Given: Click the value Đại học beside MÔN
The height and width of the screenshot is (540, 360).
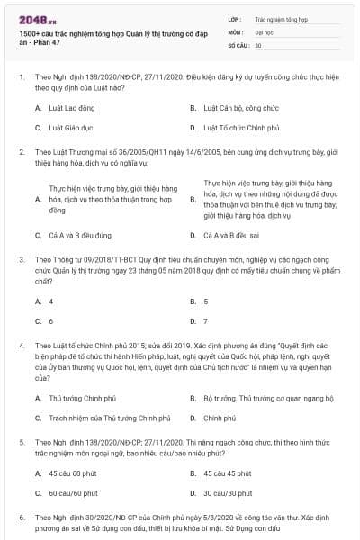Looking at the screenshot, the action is coord(265,31).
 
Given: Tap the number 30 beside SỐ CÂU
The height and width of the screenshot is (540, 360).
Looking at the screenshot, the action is coord(258,44).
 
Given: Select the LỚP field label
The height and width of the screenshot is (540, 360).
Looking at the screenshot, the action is coord(235,17).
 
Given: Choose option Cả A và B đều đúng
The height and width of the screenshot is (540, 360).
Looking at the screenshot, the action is coord(80,235).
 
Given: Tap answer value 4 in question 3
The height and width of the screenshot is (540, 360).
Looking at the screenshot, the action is coord(51,301).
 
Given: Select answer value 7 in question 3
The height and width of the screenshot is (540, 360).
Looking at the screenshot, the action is coord(206,320).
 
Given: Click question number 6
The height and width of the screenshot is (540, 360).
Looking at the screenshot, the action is coord(22,517).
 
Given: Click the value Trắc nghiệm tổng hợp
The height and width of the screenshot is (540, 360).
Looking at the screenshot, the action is coord(282,17).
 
